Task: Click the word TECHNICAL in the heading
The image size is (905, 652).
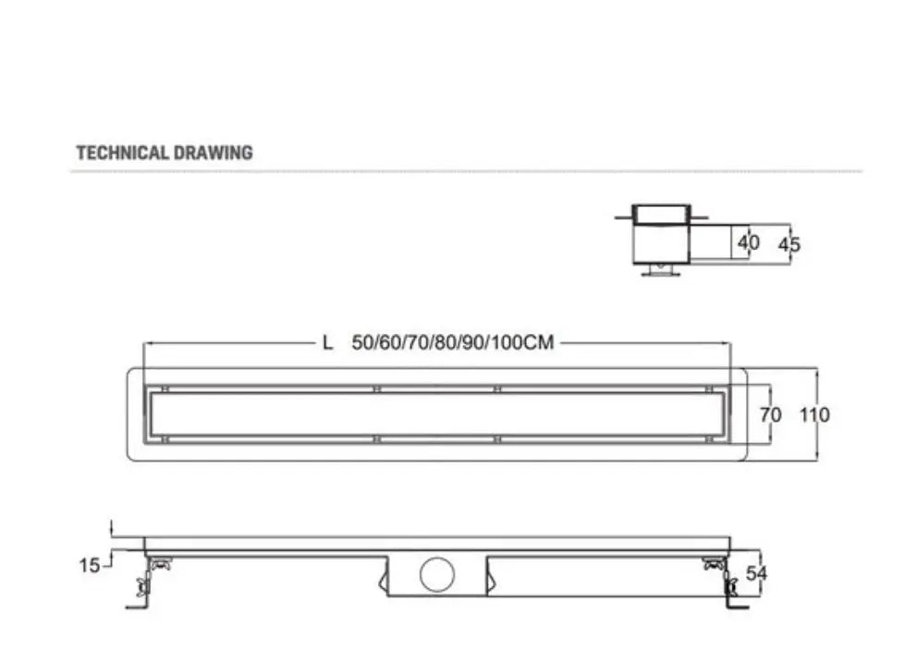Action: tap(122, 153)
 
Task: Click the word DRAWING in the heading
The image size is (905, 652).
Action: tap(213, 153)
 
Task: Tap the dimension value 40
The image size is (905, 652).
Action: tap(749, 242)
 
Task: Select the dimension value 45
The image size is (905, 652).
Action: tap(789, 245)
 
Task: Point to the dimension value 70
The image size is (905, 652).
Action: tap(770, 414)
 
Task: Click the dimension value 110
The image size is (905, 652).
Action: tap(814, 414)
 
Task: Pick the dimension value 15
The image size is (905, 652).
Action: tap(90, 565)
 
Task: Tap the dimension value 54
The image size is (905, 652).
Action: tap(757, 573)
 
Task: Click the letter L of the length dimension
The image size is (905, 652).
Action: tap(327, 343)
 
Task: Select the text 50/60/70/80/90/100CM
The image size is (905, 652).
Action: tap(453, 342)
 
